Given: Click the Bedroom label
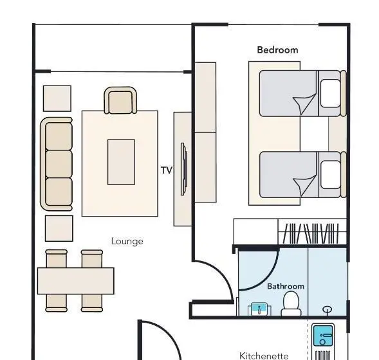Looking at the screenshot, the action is click(x=277, y=50).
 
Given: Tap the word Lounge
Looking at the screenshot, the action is click(x=127, y=241).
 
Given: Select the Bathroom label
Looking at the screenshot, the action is click(x=286, y=286).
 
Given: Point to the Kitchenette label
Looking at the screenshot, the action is click(x=264, y=355).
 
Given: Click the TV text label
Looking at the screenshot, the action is click(x=167, y=170).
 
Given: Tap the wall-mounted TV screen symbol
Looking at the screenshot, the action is click(x=183, y=169).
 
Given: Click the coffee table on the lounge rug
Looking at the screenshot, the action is click(x=121, y=162).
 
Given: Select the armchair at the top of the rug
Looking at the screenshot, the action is click(x=120, y=100).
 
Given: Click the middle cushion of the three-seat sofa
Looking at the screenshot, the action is click(x=59, y=164).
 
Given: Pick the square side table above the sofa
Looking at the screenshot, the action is click(x=57, y=98).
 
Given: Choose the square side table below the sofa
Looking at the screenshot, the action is click(x=59, y=228).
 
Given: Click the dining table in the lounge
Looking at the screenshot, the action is click(x=76, y=281).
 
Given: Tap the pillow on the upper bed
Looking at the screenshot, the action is click(x=330, y=93).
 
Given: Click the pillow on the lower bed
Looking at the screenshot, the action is click(x=330, y=175).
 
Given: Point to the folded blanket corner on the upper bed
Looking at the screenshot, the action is click(x=304, y=104).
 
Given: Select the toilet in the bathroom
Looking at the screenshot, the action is click(x=291, y=303).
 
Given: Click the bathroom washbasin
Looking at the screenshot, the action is click(x=259, y=309).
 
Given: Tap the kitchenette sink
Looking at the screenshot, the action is click(x=323, y=336).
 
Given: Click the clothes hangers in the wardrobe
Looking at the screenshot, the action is click(x=311, y=233).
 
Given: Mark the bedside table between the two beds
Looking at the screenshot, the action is click(x=337, y=134).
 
